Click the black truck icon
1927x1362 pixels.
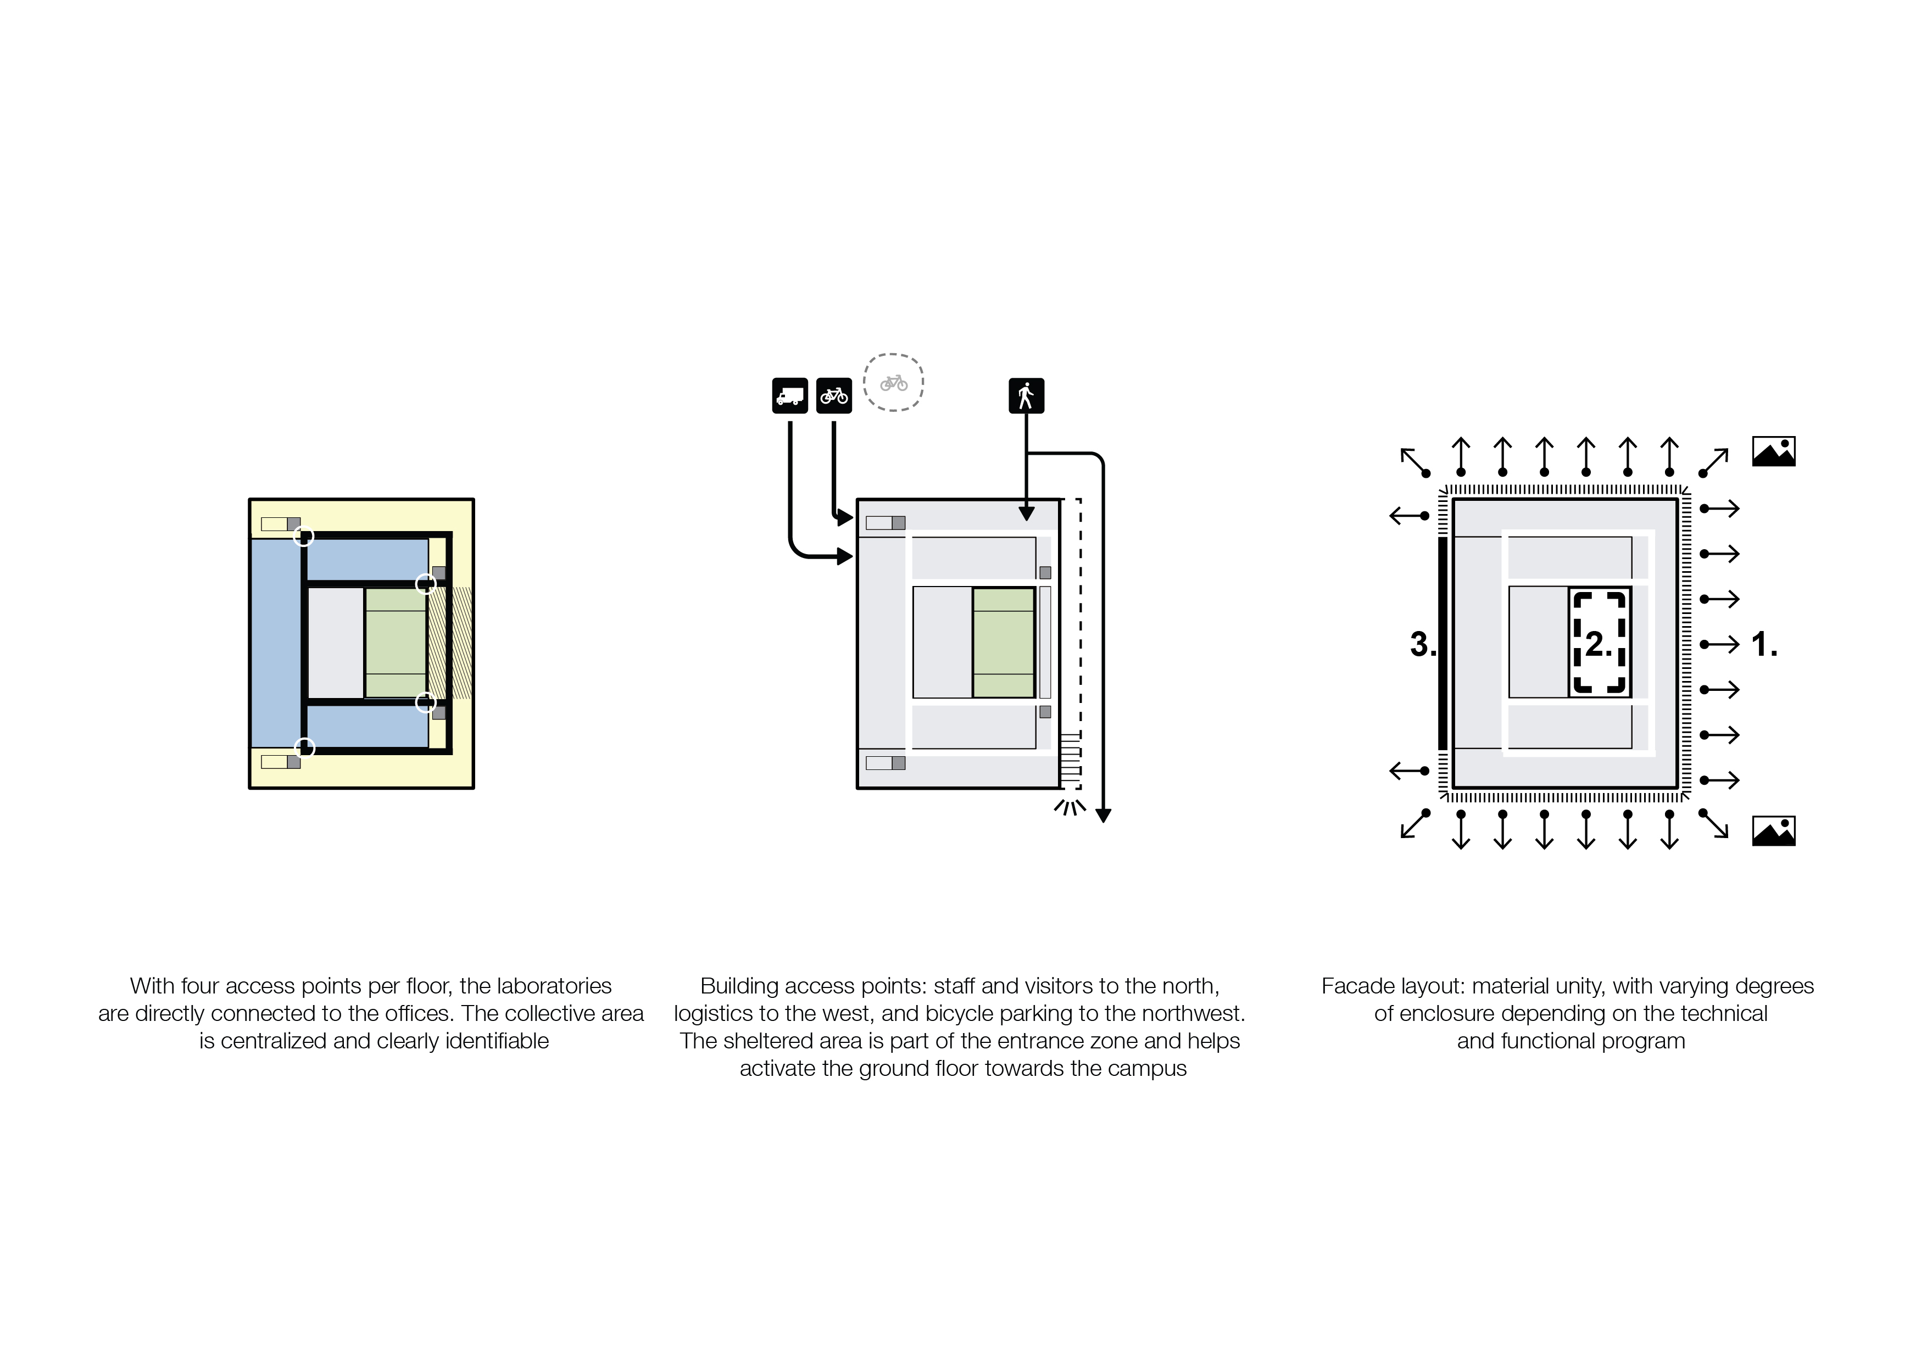click(x=789, y=395)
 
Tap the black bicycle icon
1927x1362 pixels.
click(x=833, y=395)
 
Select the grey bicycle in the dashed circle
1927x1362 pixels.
click(x=894, y=383)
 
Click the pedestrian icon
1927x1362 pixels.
click(x=1026, y=395)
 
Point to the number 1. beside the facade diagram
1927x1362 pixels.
click(x=1764, y=645)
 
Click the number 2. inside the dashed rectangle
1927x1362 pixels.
click(x=1598, y=644)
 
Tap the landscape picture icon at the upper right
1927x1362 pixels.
click(x=1773, y=451)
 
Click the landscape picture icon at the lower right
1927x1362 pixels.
click(x=1773, y=831)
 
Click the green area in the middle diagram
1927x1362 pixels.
click(x=1003, y=643)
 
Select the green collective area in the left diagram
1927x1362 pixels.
click(x=396, y=643)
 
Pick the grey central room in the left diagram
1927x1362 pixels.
click(x=336, y=643)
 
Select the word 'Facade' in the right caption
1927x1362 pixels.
click(x=1351, y=986)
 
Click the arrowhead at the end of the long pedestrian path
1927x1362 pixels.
click(x=1104, y=815)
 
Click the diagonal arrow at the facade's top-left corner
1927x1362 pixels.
click(x=1414, y=461)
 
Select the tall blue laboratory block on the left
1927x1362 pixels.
click(x=275, y=643)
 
